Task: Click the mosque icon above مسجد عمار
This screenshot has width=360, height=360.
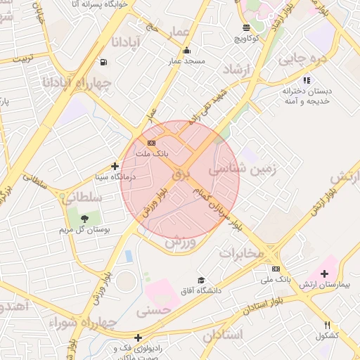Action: pos(186,51)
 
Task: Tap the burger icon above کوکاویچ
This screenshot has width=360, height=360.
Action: pos(245,27)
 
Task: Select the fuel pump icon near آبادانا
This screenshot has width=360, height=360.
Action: pos(105,62)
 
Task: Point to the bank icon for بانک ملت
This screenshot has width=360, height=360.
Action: pos(152,143)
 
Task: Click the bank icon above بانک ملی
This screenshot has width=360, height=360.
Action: pos(276,269)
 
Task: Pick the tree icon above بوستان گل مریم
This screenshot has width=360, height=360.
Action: pos(85,219)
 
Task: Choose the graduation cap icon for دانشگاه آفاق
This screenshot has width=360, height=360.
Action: pos(202,280)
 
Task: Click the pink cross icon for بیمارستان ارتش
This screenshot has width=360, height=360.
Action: pos(323,273)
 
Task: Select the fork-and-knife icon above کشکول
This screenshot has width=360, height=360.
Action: pos(328,325)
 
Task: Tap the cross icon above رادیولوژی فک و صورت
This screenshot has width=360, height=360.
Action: pos(138,337)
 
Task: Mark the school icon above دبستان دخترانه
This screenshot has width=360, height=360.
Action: pos(306,80)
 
